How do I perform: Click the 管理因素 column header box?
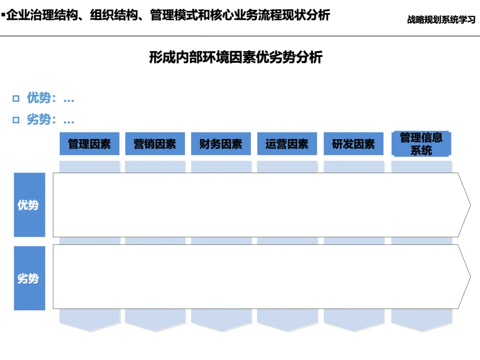point(89,144)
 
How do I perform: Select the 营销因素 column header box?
point(155,144)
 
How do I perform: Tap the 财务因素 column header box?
point(221,144)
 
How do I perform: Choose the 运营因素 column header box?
point(287,144)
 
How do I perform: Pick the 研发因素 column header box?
point(353,144)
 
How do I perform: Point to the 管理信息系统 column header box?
point(421,144)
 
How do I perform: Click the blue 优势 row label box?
point(29,205)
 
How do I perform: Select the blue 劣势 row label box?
point(29,278)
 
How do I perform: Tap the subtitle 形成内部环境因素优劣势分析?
point(236,58)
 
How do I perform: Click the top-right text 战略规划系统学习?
point(441,20)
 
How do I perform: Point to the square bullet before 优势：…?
point(16,99)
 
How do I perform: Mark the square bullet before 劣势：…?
point(16,120)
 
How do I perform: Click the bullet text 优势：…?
point(50,98)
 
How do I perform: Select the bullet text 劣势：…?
point(50,120)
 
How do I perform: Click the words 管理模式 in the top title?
point(172,15)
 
